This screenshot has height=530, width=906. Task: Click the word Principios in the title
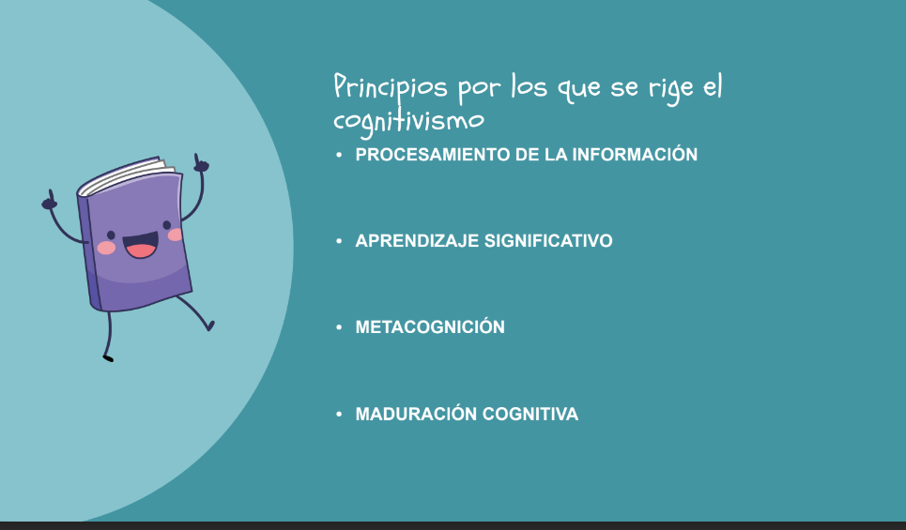pyautogui.click(x=391, y=89)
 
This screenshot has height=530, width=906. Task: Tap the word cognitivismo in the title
pyautogui.click(x=408, y=121)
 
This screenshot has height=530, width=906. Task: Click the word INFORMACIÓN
pyautogui.click(x=635, y=154)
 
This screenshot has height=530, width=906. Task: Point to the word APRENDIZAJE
pyautogui.click(x=417, y=241)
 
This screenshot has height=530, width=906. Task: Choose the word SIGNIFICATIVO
pyautogui.click(x=548, y=241)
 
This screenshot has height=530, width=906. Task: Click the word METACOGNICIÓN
pyautogui.click(x=430, y=326)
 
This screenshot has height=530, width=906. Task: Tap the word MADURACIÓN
pyautogui.click(x=416, y=414)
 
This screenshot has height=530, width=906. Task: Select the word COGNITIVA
pyautogui.click(x=530, y=414)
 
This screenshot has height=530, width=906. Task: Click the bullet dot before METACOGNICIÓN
pyautogui.click(x=339, y=327)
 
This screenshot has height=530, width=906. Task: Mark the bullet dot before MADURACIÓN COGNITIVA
pyautogui.click(x=339, y=414)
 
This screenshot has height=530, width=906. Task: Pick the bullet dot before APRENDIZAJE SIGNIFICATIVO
pyautogui.click(x=339, y=241)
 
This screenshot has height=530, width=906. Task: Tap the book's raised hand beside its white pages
pyautogui.click(x=201, y=163)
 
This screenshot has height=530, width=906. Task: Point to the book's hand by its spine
pyautogui.click(x=50, y=200)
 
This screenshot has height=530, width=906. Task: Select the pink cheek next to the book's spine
pyautogui.click(x=106, y=248)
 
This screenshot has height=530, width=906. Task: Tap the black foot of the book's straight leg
pyautogui.click(x=108, y=359)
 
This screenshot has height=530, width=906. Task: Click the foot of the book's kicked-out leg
pyautogui.click(x=210, y=326)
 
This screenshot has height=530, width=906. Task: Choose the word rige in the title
pyautogui.click(x=671, y=89)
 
